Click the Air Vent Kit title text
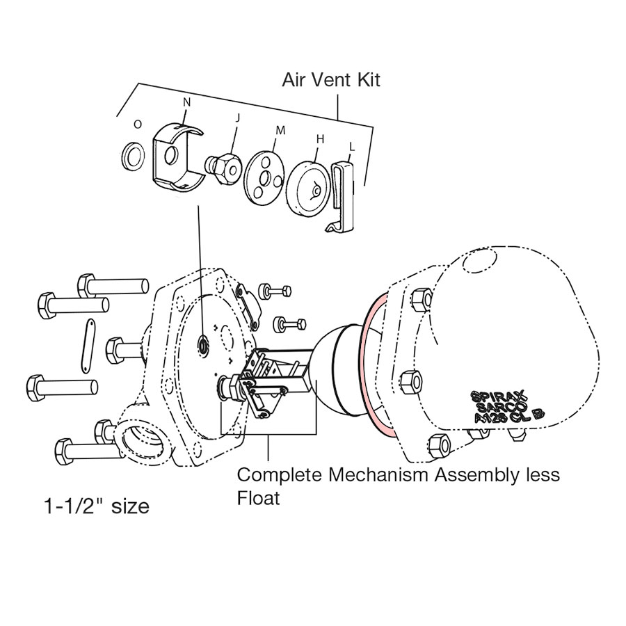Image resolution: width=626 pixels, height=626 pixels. click(x=331, y=79)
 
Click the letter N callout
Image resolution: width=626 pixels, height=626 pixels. click(x=186, y=102)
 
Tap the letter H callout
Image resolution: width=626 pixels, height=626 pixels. click(x=320, y=139)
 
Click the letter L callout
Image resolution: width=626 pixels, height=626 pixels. click(x=352, y=147)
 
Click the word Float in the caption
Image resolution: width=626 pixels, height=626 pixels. click(x=258, y=498)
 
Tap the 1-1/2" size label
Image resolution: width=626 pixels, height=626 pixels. click(x=96, y=506)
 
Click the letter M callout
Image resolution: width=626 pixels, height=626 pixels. click(x=280, y=129)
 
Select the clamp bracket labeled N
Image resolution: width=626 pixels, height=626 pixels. click(x=177, y=156)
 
